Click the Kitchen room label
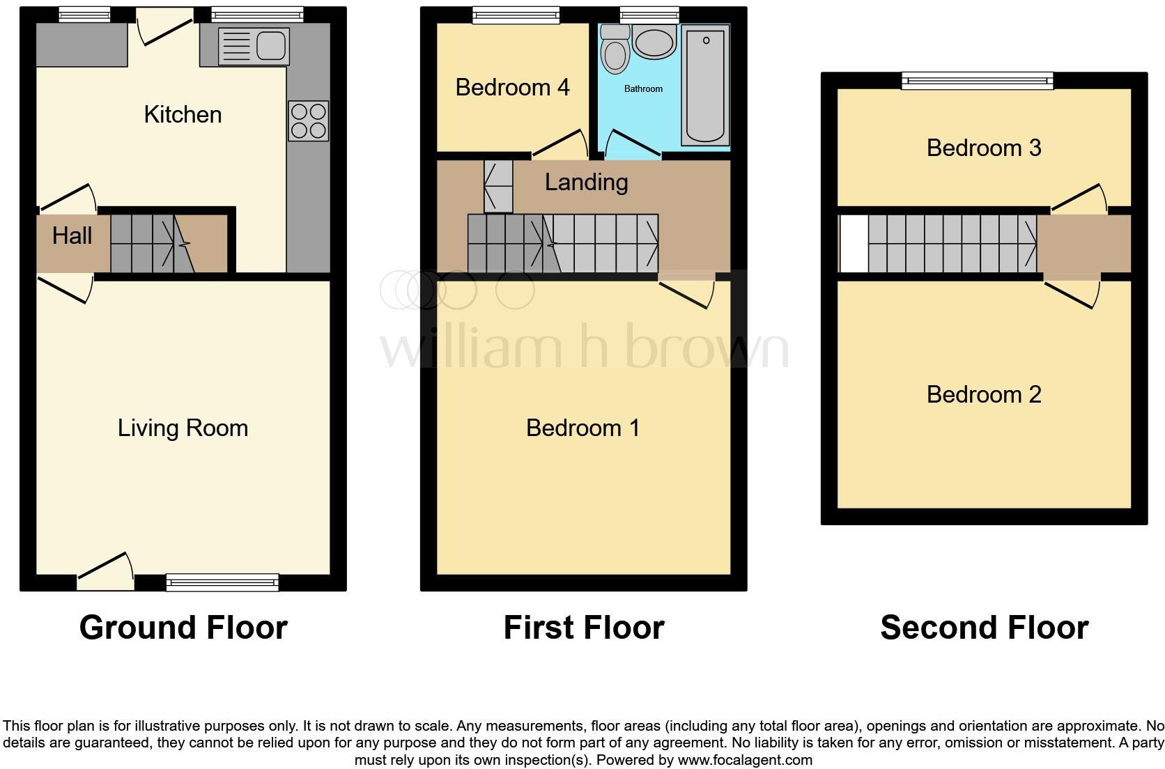point(183,114)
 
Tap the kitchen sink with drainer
point(253,47)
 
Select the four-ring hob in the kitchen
point(308,121)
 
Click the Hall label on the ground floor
point(72,235)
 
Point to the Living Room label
point(183,428)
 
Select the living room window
point(222,582)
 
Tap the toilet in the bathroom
point(615,50)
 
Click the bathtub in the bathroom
point(706,85)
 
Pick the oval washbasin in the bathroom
point(654,43)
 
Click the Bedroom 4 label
point(512,87)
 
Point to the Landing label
point(586,182)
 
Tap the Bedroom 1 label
point(582,428)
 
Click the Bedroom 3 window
point(977,81)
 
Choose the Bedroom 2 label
point(983,394)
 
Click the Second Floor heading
point(984,627)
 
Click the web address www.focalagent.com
point(744,760)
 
